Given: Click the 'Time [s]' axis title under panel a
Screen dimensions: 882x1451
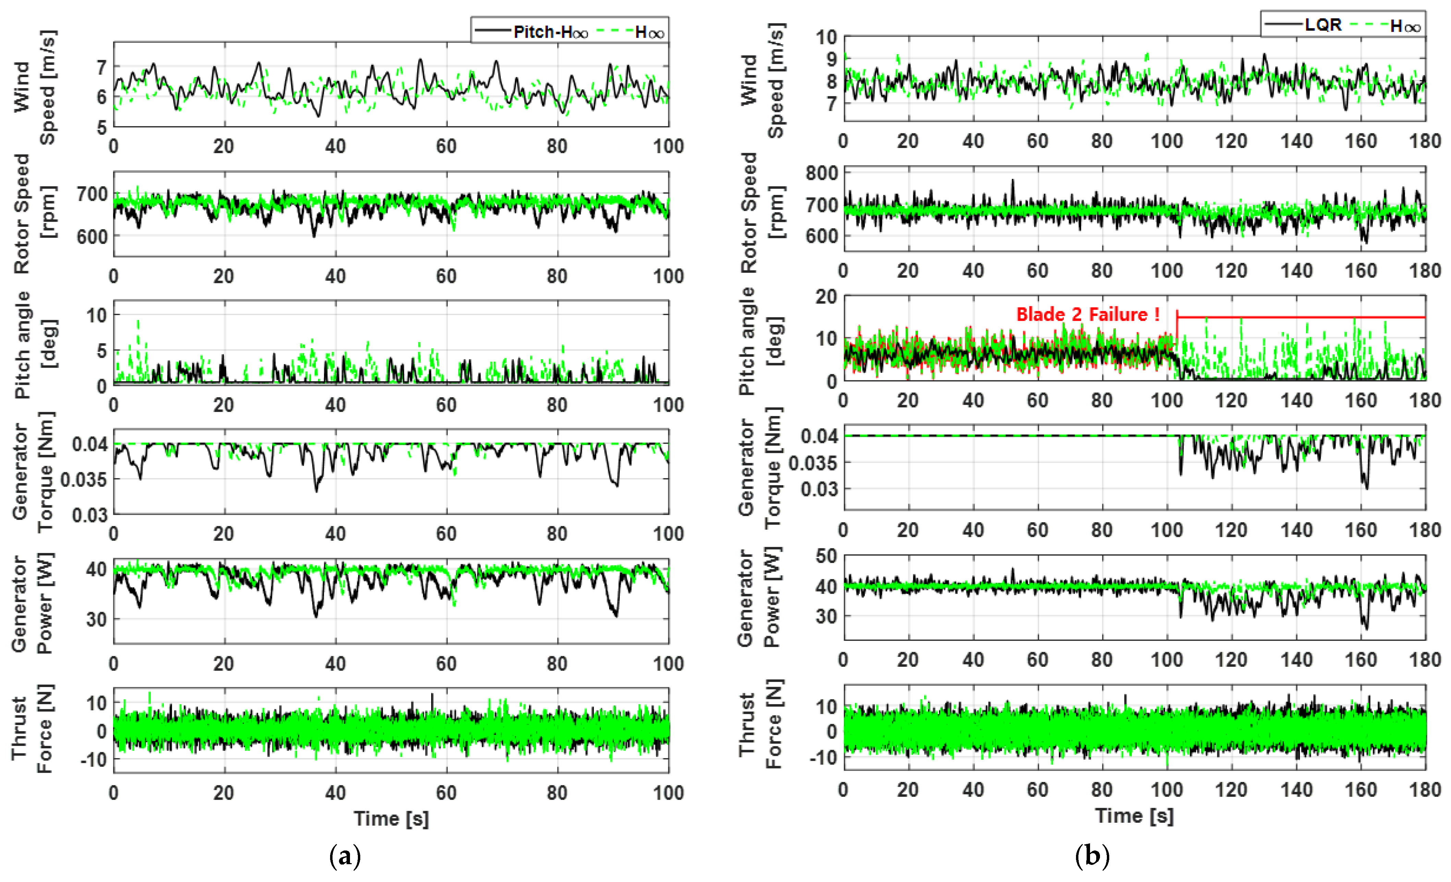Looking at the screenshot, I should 391,818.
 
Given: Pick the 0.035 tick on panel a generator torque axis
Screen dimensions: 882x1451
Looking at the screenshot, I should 84,480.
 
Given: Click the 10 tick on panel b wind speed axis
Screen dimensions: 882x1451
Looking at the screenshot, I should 826,37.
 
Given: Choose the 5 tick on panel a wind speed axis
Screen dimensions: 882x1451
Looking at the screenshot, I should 102,127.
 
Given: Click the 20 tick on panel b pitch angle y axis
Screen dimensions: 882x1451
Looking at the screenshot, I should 826,297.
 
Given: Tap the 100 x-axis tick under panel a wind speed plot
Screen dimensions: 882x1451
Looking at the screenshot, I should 668,146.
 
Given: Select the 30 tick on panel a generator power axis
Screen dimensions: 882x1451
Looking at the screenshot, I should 96,620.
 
